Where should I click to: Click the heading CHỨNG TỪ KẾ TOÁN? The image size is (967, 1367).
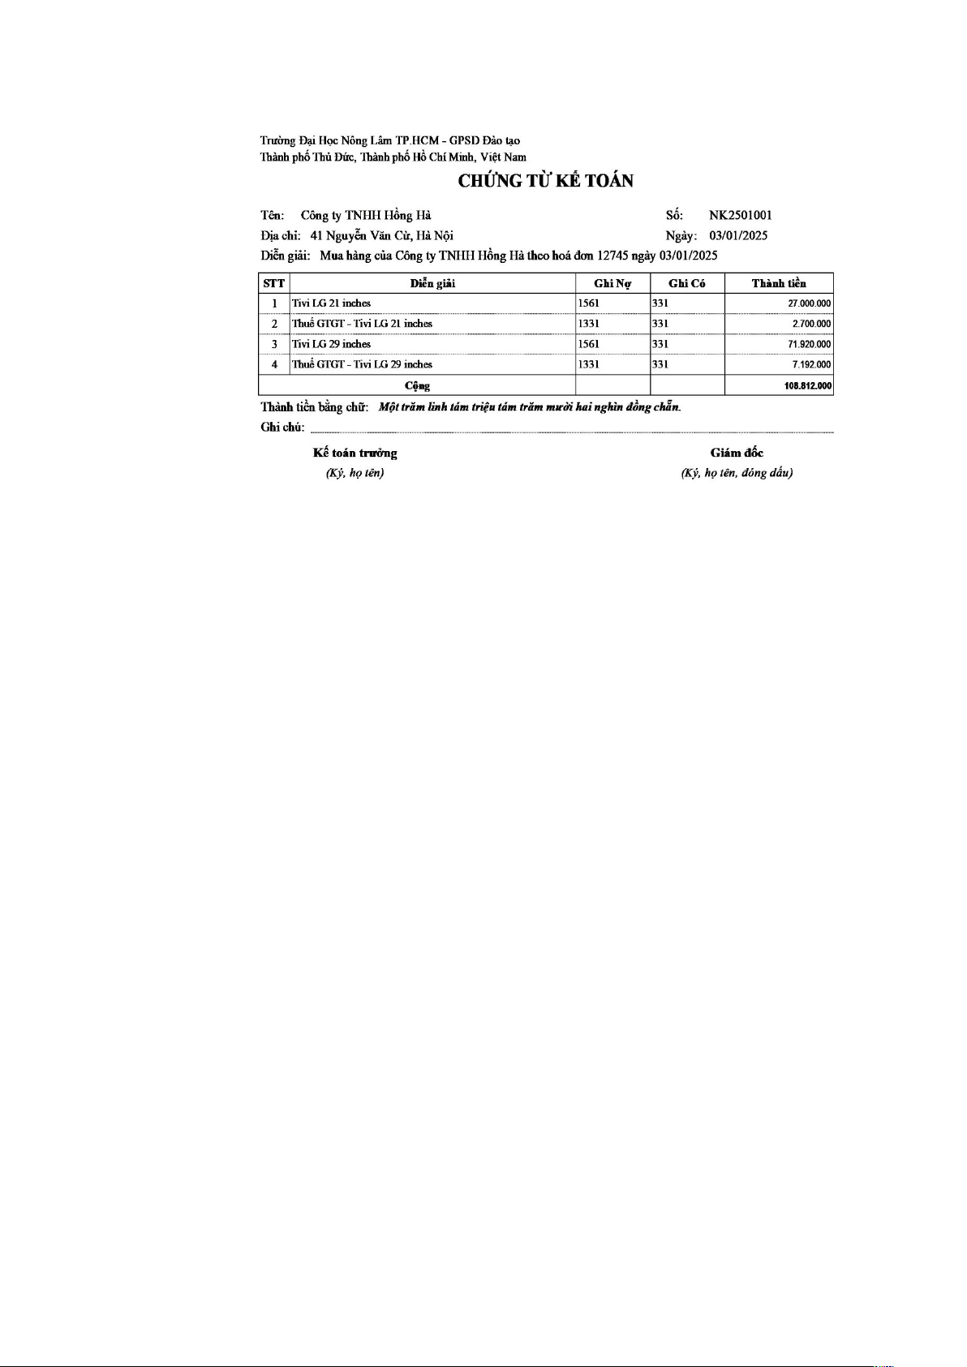point(545,181)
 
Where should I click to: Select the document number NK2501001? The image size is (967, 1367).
point(740,216)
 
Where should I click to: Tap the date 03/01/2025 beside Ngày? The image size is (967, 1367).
point(738,236)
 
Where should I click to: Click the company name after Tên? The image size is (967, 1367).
point(366,216)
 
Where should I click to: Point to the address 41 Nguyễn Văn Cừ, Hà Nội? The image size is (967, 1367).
point(382,236)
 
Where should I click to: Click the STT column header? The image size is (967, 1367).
point(274,283)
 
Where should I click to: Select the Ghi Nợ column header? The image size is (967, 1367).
point(612,283)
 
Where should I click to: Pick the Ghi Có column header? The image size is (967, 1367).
point(686,283)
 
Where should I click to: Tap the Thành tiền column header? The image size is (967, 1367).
point(779,283)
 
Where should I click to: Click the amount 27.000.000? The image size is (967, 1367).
point(809,303)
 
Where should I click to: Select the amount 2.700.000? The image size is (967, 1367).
point(811,324)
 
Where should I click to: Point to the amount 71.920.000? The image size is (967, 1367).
point(809,344)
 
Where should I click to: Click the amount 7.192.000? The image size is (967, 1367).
point(811,365)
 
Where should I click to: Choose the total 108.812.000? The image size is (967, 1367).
point(808,386)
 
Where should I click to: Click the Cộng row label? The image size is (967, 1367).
point(417,386)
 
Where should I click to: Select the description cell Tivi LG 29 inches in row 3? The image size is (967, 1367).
point(332,344)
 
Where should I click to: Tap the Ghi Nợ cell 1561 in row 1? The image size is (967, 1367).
point(589,303)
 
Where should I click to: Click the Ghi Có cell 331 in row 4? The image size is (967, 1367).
point(660,365)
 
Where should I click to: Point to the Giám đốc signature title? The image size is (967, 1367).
point(737,453)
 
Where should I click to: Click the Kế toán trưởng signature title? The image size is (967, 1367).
point(355,453)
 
